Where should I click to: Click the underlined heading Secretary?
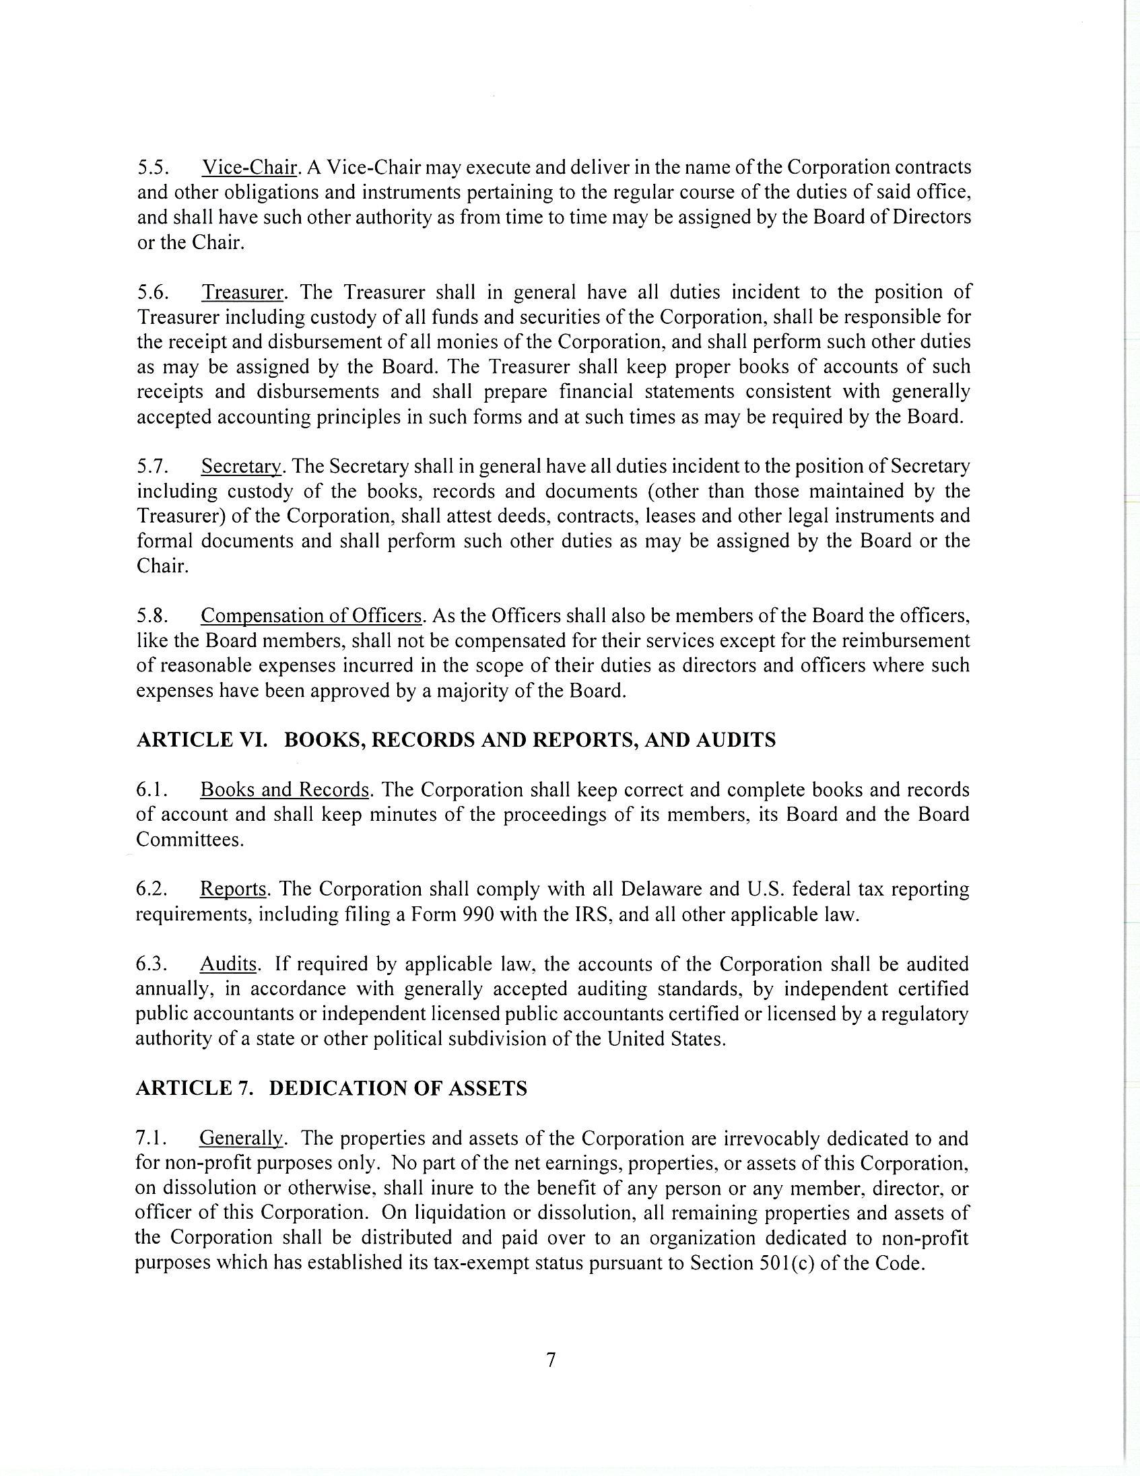240,467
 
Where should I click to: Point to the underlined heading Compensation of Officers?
312,615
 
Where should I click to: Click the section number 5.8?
152,615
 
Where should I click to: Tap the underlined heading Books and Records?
284,789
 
